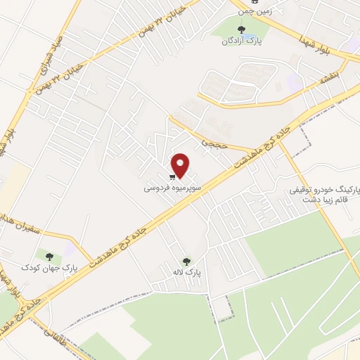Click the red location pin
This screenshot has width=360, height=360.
click(181, 166)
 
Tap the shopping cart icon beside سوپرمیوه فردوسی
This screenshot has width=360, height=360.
click(172, 178)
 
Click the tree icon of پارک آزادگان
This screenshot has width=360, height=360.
click(242, 30)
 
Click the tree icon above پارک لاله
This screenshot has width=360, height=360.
click(186, 262)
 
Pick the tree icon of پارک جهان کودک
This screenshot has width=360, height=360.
click(49, 256)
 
